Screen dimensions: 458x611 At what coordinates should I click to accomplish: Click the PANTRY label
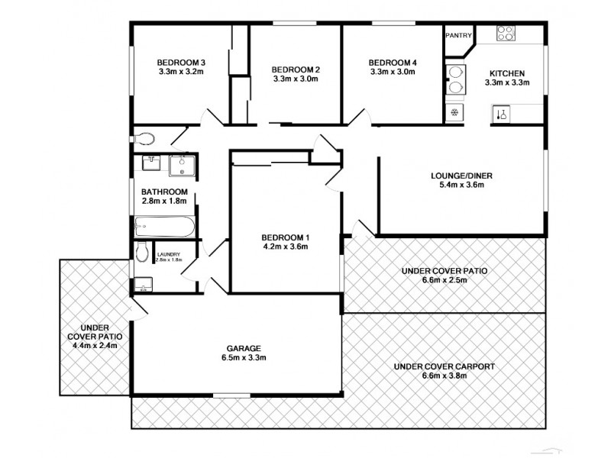pyautogui.click(x=458, y=34)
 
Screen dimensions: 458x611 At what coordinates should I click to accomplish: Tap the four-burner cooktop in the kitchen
pyautogui.click(x=506, y=33)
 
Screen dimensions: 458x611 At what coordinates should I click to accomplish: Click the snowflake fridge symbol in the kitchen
pyautogui.click(x=455, y=113)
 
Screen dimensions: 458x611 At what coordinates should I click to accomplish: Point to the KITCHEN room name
pyautogui.click(x=506, y=73)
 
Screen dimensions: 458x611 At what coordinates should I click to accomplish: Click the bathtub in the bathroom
pyautogui.click(x=165, y=227)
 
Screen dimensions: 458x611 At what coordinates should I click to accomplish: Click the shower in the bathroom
pyautogui.click(x=183, y=165)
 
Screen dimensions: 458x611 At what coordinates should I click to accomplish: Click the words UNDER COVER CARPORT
pyautogui.click(x=444, y=366)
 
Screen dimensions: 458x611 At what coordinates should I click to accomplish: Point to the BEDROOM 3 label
pyautogui.click(x=181, y=63)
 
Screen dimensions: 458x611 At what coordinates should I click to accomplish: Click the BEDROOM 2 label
pyautogui.click(x=296, y=69)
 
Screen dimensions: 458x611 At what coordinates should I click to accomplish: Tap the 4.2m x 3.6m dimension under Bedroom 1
pyautogui.click(x=284, y=246)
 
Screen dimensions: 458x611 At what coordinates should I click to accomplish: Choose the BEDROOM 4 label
pyautogui.click(x=392, y=63)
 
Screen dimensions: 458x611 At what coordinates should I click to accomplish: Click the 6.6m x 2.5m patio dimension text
pyautogui.click(x=444, y=280)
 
